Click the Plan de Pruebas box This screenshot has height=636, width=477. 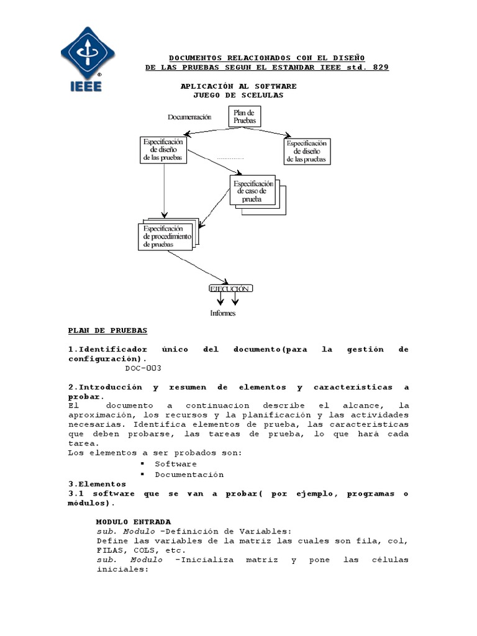tap(244, 116)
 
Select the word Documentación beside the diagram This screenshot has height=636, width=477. tap(189, 117)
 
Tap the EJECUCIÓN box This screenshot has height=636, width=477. tap(230, 289)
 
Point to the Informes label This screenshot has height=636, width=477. tap(223, 313)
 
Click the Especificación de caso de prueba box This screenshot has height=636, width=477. tap(252, 191)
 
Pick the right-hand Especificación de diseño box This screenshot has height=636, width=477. tap(307, 151)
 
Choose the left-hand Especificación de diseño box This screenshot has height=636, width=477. tap(163, 150)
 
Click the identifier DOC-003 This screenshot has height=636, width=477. tap(143, 368)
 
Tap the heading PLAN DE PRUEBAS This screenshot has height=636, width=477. tap(107, 330)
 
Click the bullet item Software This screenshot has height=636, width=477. tap(176, 464)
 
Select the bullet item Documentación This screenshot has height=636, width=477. tap(189, 474)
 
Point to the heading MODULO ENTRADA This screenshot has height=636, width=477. tap(134, 522)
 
